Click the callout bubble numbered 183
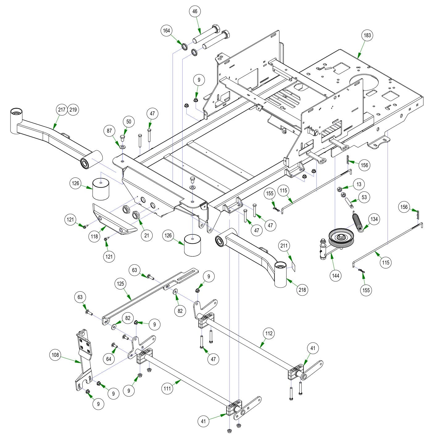(367, 35)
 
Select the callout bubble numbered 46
(195, 12)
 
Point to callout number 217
(62, 109)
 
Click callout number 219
(73, 109)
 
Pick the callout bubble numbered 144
(336, 275)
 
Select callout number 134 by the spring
(374, 219)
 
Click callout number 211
(284, 246)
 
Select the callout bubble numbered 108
(55, 355)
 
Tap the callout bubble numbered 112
(269, 333)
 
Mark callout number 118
(94, 237)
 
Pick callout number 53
(364, 197)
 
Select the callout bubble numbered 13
(359, 184)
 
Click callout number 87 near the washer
(110, 131)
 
